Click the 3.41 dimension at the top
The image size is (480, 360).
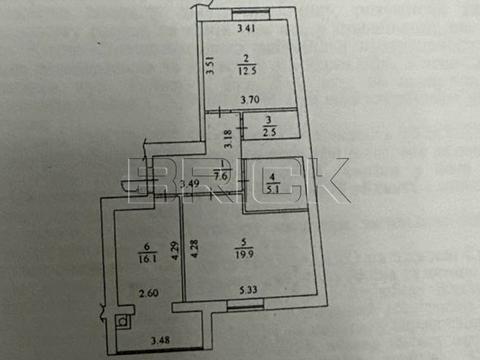(246, 28)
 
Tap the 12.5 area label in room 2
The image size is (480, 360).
(246, 70)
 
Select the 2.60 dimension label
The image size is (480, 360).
(146, 294)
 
